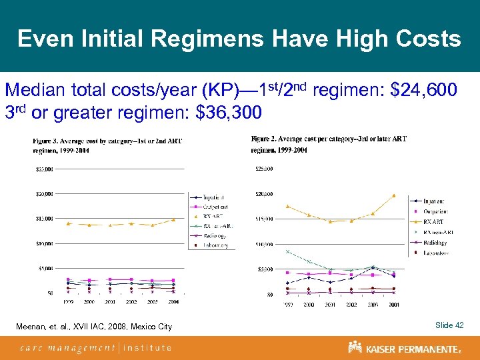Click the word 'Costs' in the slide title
(x=425, y=39)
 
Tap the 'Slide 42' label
(x=449, y=325)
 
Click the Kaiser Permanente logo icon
(x=355, y=347)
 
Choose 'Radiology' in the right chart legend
(x=435, y=243)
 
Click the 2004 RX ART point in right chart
(x=394, y=195)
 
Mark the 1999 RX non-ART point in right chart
(x=287, y=251)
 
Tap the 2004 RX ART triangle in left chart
(x=173, y=219)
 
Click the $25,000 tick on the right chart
(x=263, y=168)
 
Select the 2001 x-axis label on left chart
(x=110, y=302)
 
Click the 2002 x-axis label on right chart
(x=351, y=305)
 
